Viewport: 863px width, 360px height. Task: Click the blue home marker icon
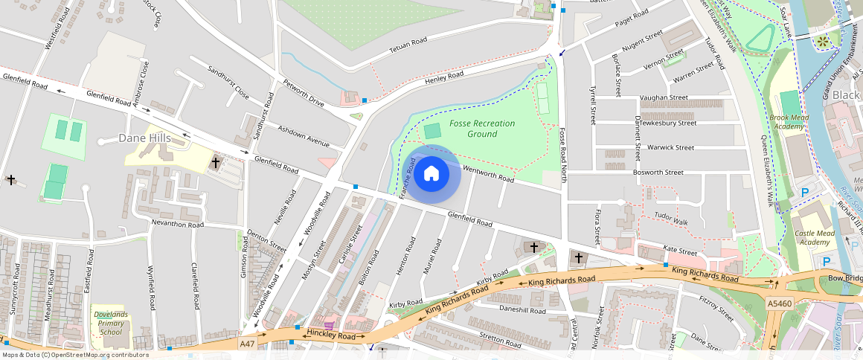pos(431,174)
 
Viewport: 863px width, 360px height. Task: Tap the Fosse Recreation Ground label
pos(472,129)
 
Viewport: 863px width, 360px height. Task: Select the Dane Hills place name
pos(144,138)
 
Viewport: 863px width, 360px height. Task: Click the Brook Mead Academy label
pos(789,122)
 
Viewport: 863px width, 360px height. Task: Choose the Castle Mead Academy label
pos(815,237)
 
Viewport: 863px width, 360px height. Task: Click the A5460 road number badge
pos(779,303)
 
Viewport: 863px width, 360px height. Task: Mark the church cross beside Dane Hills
pos(216,161)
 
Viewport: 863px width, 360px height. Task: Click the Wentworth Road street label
pos(488,174)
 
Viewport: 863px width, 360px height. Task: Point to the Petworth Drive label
pos(302,91)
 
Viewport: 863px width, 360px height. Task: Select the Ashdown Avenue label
pos(303,135)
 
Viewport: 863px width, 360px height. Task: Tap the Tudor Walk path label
pos(671,217)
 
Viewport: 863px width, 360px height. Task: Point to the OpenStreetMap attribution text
pos(75,355)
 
